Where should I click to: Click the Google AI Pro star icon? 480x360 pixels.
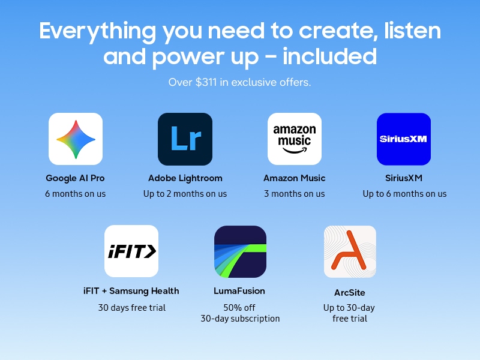tap(76, 139)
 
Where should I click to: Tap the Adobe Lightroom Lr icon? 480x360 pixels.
tap(185, 139)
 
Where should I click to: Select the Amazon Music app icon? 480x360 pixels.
tap(295, 139)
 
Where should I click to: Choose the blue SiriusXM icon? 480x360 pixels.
tap(404, 139)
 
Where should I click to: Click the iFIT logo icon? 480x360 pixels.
tap(131, 251)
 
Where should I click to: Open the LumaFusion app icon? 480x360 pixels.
tap(241, 251)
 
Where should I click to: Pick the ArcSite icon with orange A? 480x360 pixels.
tap(350, 251)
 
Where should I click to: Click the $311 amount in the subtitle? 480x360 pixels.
tap(206, 82)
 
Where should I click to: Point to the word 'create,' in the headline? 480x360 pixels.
tap(338, 31)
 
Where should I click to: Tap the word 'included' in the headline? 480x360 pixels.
tap(329, 56)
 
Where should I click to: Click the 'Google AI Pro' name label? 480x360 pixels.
tap(76, 178)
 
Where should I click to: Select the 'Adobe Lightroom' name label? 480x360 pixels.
tap(185, 178)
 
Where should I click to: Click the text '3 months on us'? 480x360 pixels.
tap(295, 194)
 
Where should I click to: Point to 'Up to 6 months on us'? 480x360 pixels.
tap(404, 194)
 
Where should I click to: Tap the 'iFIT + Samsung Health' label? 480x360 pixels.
tap(131, 291)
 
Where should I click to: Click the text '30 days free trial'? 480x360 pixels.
tap(132, 307)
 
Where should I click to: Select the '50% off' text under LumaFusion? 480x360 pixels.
tap(239, 307)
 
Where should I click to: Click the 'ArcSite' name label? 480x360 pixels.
tap(350, 293)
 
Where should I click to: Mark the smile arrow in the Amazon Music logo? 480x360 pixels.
tap(295, 151)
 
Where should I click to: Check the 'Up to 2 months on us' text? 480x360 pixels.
tap(185, 194)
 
